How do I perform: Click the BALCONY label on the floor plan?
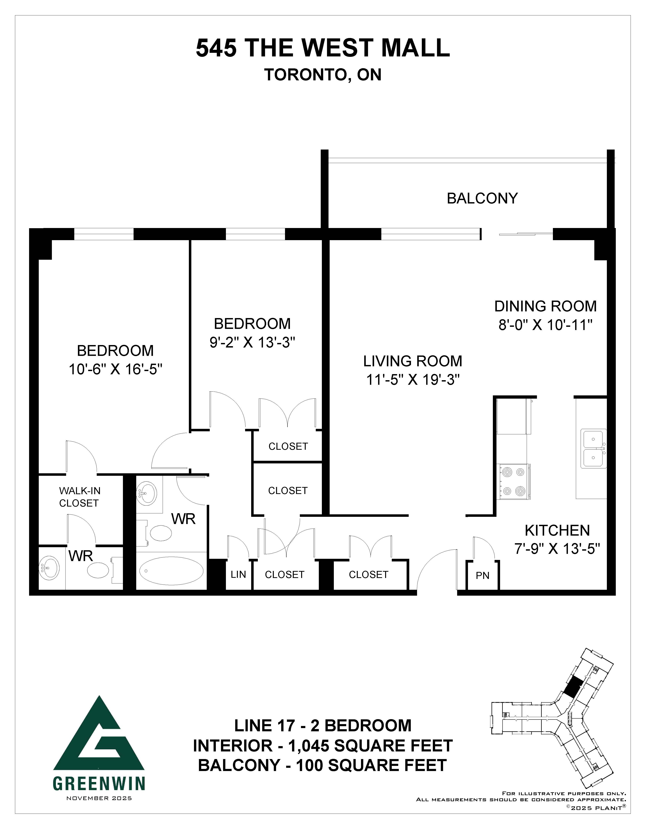pos(482,198)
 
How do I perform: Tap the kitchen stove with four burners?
pos(513,481)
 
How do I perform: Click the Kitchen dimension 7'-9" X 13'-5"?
pos(557,549)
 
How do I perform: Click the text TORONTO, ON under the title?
pos(323,75)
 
